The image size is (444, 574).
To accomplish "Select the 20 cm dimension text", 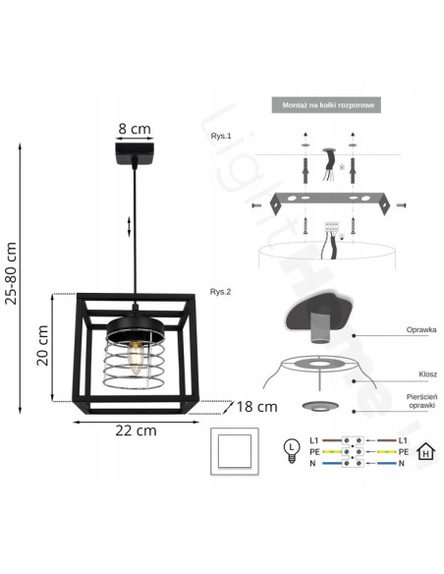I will point(42,344).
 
